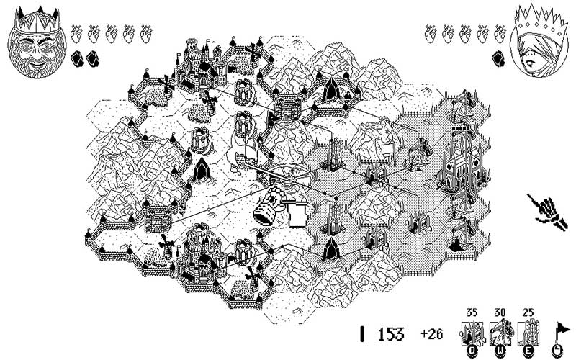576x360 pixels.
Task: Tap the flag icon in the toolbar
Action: point(557,330)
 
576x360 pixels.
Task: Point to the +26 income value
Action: point(432,334)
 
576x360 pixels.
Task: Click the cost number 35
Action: point(472,313)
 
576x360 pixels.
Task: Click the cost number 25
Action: point(527,313)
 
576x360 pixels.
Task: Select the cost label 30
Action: point(500,313)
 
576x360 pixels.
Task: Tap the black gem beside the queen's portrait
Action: point(498,55)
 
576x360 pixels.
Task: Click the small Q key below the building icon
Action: point(472,351)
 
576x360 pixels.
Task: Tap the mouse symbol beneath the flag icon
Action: point(557,351)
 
